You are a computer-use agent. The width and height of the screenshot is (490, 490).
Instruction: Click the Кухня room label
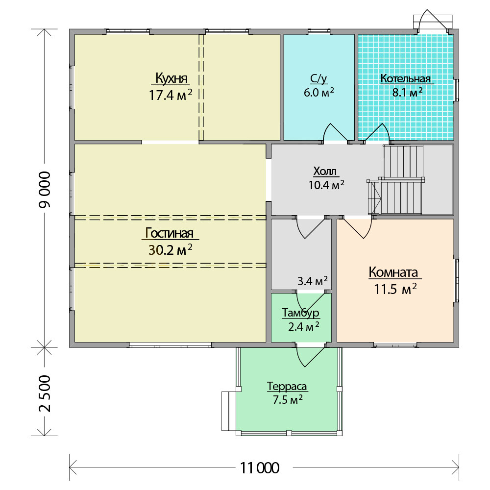pyautogui.click(x=171, y=78)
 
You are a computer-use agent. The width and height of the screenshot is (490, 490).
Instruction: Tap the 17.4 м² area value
pyautogui.click(x=171, y=95)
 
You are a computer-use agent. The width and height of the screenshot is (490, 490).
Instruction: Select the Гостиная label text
pyautogui.click(x=170, y=233)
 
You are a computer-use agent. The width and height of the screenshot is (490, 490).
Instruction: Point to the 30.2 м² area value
pyautogui.click(x=170, y=250)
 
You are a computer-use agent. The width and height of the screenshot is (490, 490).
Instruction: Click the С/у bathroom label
pyautogui.click(x=319, y=79)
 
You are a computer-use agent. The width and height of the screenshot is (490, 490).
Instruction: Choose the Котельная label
pyautogui.click(x=406, y=78)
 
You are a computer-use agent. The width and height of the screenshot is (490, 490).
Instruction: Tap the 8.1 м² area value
pyautogui.click(x=408, y=92)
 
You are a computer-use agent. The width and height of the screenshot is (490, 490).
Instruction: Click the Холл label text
pyautogui.click(x=325, y=171)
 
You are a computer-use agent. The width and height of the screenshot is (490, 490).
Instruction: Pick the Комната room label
pyautogui.click(x=393, y=272)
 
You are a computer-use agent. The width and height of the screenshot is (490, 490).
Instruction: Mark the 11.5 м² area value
pyautogui.click(x=395, y=289)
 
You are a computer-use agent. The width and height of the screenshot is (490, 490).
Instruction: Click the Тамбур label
pyautogui.click(x=301, y=313)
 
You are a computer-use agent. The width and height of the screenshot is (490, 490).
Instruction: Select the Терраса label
pyautogui.click(x=287, y=386)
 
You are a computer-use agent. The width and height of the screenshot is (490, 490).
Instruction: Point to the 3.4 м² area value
pyautogui.click(x=312, y=281)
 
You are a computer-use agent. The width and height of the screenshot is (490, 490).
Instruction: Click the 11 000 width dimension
pyautogui.click(x=260, y=468)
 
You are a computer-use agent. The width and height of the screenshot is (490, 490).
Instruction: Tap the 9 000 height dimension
pyautogui.click(x=45, y=190)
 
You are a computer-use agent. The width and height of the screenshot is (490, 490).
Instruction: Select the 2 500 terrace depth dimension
pyautogui.click(x=45, y=394)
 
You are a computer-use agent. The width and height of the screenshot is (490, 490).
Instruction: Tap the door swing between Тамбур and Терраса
pyautogui.click(x=310, y=356)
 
